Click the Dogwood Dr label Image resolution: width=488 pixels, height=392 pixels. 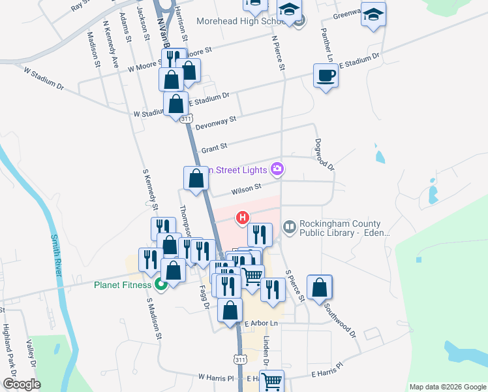(324, 154)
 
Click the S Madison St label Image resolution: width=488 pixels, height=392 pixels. (153, 319)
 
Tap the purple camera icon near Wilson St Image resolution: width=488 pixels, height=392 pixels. (278, 170)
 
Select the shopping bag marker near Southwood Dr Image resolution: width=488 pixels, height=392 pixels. (320, 287)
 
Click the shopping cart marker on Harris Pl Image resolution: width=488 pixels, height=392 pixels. (272, 380)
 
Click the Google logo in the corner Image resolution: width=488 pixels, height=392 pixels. (22, 384)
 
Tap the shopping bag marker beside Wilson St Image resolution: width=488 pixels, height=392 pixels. (196, 178)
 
